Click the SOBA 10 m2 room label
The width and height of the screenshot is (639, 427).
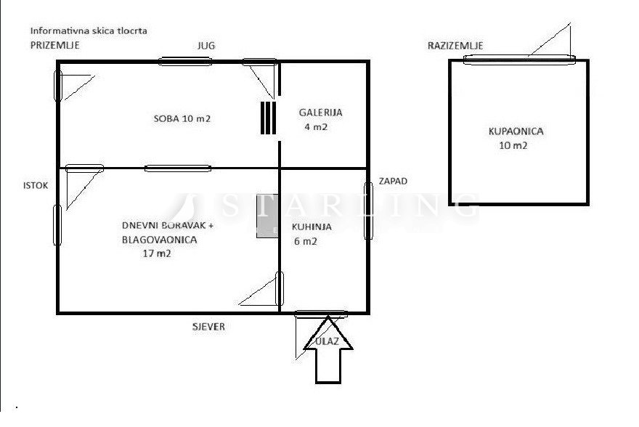pyautogui.click(x=182, y=118)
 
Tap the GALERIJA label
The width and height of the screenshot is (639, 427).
pyautogui.click(x=320, y=113)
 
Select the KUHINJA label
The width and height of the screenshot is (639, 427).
pyautogui.click(x=312, y=227)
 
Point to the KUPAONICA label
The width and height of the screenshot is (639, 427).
pyautogui.click(x=516, y=131)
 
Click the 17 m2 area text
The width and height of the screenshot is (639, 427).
pyautogui.click(x=157, y=253)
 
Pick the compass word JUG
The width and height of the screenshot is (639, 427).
pyautogui.click(x=206, y=46)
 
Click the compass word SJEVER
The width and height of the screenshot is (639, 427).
pyautogui.click(x=208, y=326)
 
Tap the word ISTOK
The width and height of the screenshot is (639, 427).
pyautogui.click(x=36, y=185)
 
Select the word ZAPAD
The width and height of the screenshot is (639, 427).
pyautogui.click(x=393, y=181)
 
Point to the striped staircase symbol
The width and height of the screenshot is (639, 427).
pyautogui.click(x=268, y=118)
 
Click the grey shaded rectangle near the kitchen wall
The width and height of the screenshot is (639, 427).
pyautogui.click(x=267, y=216)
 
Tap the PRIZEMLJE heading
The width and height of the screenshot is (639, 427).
pyautogui.click(x=55, y=45)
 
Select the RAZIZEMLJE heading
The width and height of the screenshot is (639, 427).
pyautogui.click(x=455, y=46)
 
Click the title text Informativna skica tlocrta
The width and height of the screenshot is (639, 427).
pyautogui.click(x=89, y=30)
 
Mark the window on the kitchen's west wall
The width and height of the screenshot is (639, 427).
pyautogui.click(x=368, y=211)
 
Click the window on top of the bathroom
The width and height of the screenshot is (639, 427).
pyautogui.click(x=520, y=60)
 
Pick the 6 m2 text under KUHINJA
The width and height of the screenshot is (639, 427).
pyautogui.click(x=306, y=241)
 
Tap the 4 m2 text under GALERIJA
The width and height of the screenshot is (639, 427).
pyautogui.click(x=316, y=126)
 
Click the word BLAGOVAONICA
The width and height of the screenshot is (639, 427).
pyautogui.click(x=159, y=240)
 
